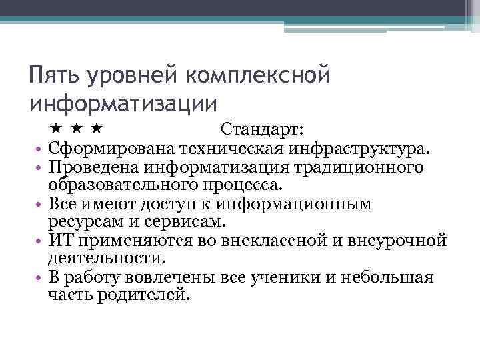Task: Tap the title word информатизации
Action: coord(124,105)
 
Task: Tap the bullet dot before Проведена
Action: coord(40,167)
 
